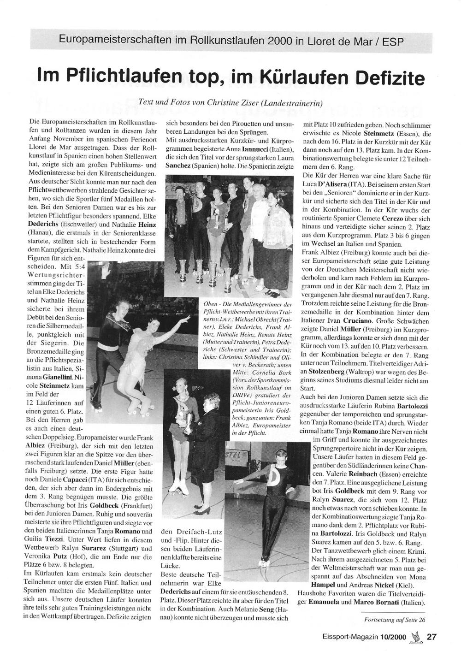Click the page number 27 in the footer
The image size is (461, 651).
[431, 637]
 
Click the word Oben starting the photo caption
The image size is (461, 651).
[210, 305]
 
